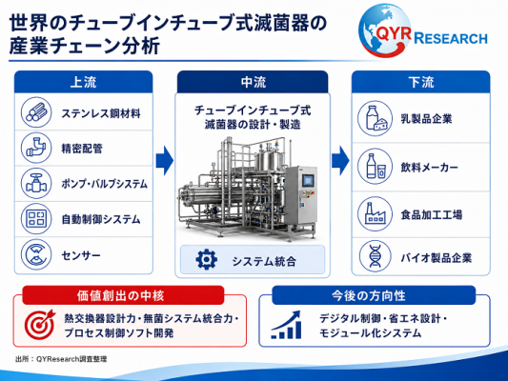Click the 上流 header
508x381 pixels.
pos(83,82)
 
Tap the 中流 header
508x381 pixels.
pos(253,82)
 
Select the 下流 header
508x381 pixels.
pos(421,82)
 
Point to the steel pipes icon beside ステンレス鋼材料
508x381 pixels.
pos(36,112)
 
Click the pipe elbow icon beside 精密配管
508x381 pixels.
pos(36,148)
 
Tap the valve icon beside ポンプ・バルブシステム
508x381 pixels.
pos(36,183)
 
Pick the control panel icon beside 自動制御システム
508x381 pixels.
pos(36,218)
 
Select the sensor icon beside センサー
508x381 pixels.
pos(36,254)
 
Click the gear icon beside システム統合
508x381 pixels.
pos(207,259)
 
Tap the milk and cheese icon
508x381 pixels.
pos(375,118)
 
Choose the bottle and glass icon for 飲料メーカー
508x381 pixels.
pos(375,167)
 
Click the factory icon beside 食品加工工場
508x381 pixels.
pos(375,213)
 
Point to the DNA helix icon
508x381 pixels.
pos(375,256)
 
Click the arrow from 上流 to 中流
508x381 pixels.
pos(165,161)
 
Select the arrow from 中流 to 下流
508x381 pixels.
pos(340,161)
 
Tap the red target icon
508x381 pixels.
pos(39,325)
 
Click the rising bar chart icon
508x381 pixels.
pos(286,325)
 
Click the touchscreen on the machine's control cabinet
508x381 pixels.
pos(308,181)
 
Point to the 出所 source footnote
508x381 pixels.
pos(61,359)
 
